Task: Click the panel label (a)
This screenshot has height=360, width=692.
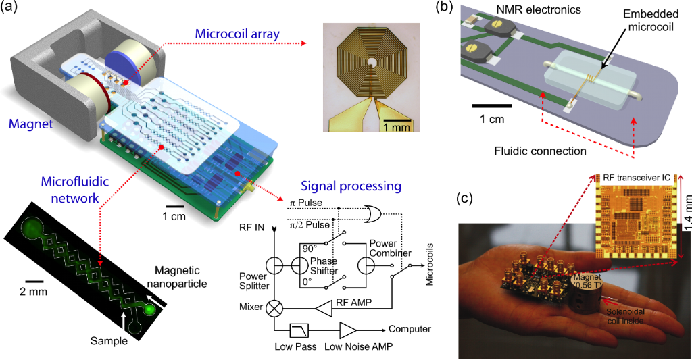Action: (11, 9)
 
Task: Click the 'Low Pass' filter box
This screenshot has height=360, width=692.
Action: (298, 330)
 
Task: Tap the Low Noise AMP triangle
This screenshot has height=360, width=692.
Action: (349, 330)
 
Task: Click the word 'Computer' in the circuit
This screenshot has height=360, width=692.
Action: (410, 329)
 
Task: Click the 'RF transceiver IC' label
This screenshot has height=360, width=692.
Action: (638, 177)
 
